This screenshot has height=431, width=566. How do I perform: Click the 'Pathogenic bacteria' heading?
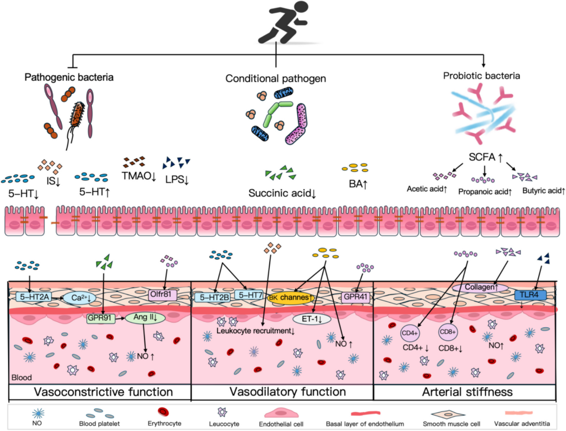[x=69, y=77]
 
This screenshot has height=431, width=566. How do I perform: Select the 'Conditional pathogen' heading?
[x=275, y=78]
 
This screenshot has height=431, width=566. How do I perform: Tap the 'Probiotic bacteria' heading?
[x=481, y=76]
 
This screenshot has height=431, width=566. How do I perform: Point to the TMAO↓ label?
[x=139, y=176]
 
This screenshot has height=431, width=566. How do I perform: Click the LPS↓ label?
[x=177, y=179]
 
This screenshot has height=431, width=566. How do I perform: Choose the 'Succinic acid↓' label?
[x=282, y=193]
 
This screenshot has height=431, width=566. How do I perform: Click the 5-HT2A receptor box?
[x=34, y=297]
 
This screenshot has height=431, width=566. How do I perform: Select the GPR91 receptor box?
[x=100, y=318]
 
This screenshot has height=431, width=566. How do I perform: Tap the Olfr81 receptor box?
[x=162, y=294]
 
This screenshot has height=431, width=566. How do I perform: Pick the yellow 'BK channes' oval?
[x=291, y=298]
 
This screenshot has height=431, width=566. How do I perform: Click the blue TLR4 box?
[x=530, y=295]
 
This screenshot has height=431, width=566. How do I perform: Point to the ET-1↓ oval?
[x=311, y=319]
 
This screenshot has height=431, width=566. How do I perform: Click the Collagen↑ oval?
[x=480, y=287]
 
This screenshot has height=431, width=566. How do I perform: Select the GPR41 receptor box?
[x=355, y=297]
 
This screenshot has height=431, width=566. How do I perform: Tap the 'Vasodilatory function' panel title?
[x=288, y=392]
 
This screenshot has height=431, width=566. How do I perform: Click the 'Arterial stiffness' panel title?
[x=467, y=392]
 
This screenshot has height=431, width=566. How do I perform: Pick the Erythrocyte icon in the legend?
[x=163, y=412]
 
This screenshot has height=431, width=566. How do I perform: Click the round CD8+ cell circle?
[x=448, y=332]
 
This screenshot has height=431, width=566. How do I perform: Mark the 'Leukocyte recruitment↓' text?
[x=255, y=331]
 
